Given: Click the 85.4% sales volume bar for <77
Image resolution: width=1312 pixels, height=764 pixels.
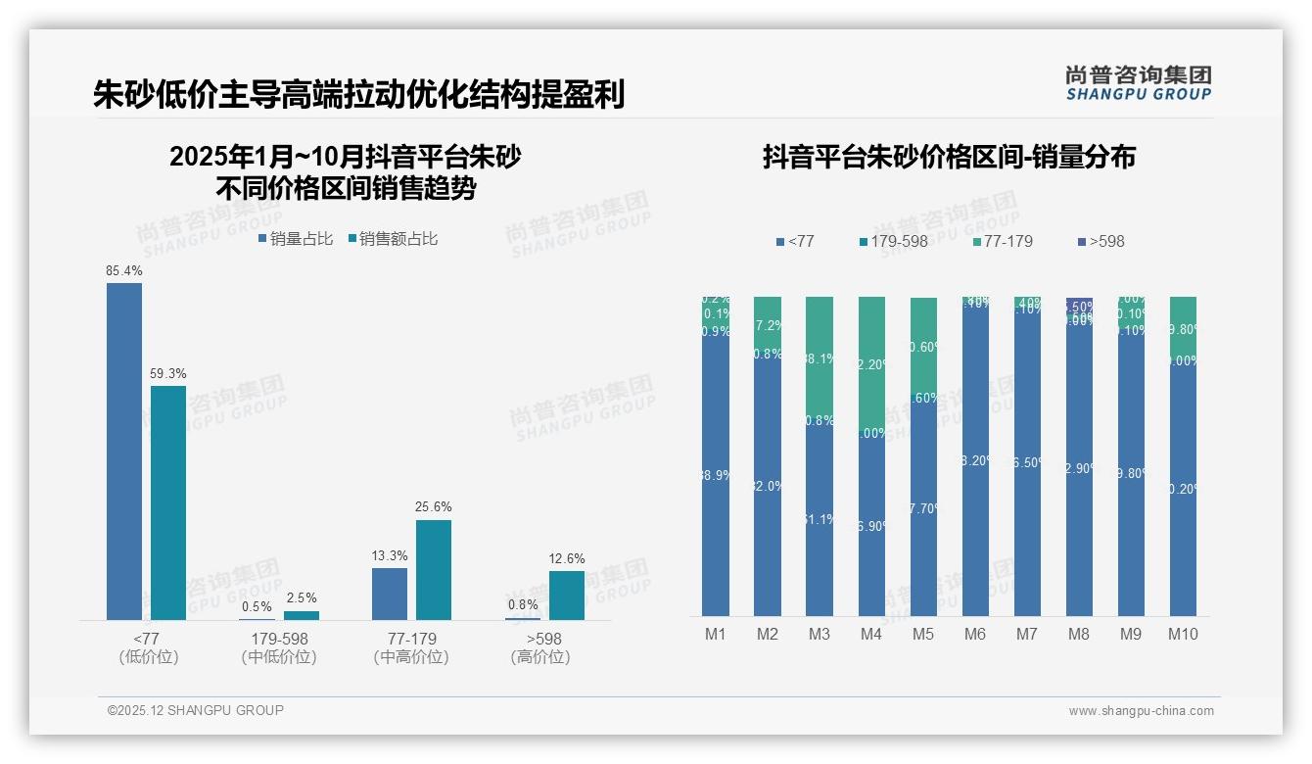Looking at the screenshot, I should click(x=124, y=451).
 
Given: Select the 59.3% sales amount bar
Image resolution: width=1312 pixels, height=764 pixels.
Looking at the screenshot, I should click(x=168, y=502).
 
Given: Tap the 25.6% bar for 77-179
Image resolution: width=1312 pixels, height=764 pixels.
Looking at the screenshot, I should click(x=434, y=569).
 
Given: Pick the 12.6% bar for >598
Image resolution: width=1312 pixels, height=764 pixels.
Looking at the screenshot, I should click(x=567, y=595).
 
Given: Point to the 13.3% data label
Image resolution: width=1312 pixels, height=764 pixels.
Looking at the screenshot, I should click(x=390, y=555).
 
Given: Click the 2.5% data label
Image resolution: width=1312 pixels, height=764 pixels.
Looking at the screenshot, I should click(x=302, y=598).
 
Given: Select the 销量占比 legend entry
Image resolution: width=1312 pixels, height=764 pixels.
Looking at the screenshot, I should click(x=296, y=238).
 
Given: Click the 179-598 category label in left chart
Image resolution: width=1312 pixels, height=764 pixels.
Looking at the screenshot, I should click(x=279, y=639).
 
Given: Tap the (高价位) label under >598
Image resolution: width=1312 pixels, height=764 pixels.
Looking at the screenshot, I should click(x=540, y=657).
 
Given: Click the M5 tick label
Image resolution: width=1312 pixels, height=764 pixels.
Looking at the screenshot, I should click(x=923, y=634).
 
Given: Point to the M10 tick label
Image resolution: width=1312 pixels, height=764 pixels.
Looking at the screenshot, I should click(x=1183, y=634).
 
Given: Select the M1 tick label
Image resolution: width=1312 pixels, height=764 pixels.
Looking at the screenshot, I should click(x=716, y=634).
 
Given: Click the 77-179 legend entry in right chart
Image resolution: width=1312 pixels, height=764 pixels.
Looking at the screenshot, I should click(x=1003, y=241).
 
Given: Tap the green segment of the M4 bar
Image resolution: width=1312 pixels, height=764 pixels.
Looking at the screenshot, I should click(x=871, y=362).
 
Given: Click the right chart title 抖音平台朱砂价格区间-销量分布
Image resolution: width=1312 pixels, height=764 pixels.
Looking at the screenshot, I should click(x=949, y=158).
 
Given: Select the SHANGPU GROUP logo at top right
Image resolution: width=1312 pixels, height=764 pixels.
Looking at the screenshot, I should click(x=1139, y=83).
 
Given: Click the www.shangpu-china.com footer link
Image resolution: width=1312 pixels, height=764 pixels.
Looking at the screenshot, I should click(x=1141, y=711).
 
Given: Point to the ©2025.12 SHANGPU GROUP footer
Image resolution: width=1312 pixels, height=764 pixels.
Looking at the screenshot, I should click(x=196, y=710).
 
